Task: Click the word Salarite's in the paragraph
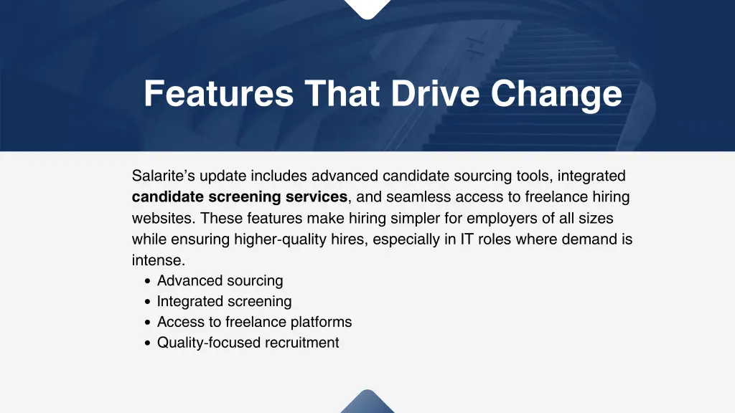click(x=164, y=176)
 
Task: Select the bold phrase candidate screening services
click(x=240, y=197)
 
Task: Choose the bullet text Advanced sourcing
click(x=220, y=281)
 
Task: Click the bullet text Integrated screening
click(x=225, y=302)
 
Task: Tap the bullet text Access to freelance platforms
click(x=255, y=323)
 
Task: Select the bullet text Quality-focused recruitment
click(x=248, y=343)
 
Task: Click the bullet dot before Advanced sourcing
click(x=147, y=282)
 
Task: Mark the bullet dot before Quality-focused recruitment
click(x=147, y=344)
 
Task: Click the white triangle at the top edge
click(x=367, y=7)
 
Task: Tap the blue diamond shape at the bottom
click(x=367, y=403)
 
